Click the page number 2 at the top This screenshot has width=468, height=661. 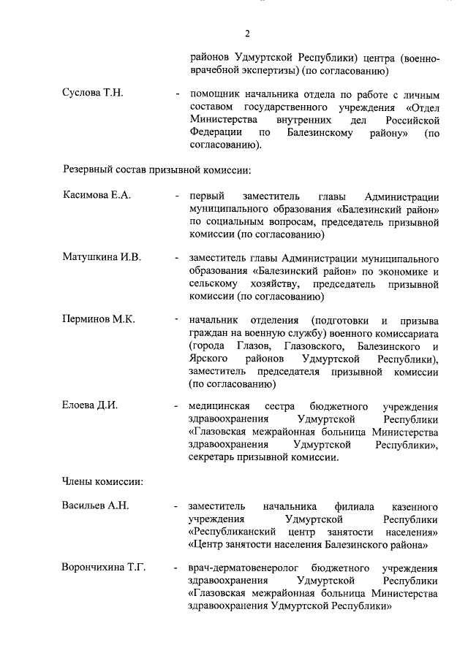[x=248, y=33]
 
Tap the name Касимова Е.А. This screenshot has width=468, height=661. [x=96, y=196]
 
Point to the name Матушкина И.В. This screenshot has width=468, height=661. [x=101, y=258]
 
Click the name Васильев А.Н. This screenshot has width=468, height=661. [x=95, y=506]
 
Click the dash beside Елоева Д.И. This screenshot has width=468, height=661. [x=177, y=406]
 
